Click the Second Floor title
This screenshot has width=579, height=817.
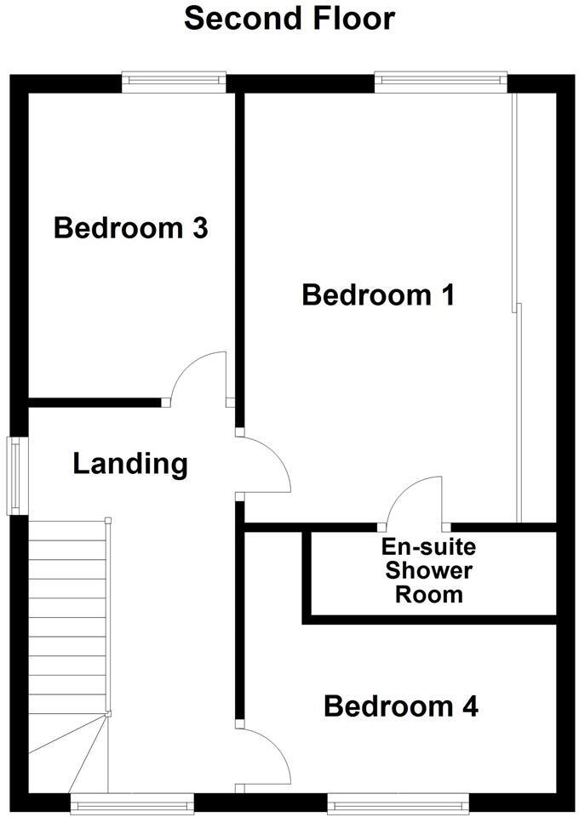coord(289,19)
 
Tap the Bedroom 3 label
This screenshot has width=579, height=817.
coord(130,228)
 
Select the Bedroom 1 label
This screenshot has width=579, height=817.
coord(378,295)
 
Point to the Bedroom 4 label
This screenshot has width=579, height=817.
coord(400,706)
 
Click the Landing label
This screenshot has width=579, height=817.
coord(129,464)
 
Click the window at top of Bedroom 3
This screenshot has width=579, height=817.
coord(174,83)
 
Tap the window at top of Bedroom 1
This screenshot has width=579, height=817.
coord(440,83)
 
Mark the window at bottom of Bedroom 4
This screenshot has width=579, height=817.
coord(398,802)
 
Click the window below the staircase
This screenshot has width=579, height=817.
coord(132,802)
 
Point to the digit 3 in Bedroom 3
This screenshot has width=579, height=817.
coord(198,228)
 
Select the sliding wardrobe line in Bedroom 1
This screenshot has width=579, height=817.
coord(516,306)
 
